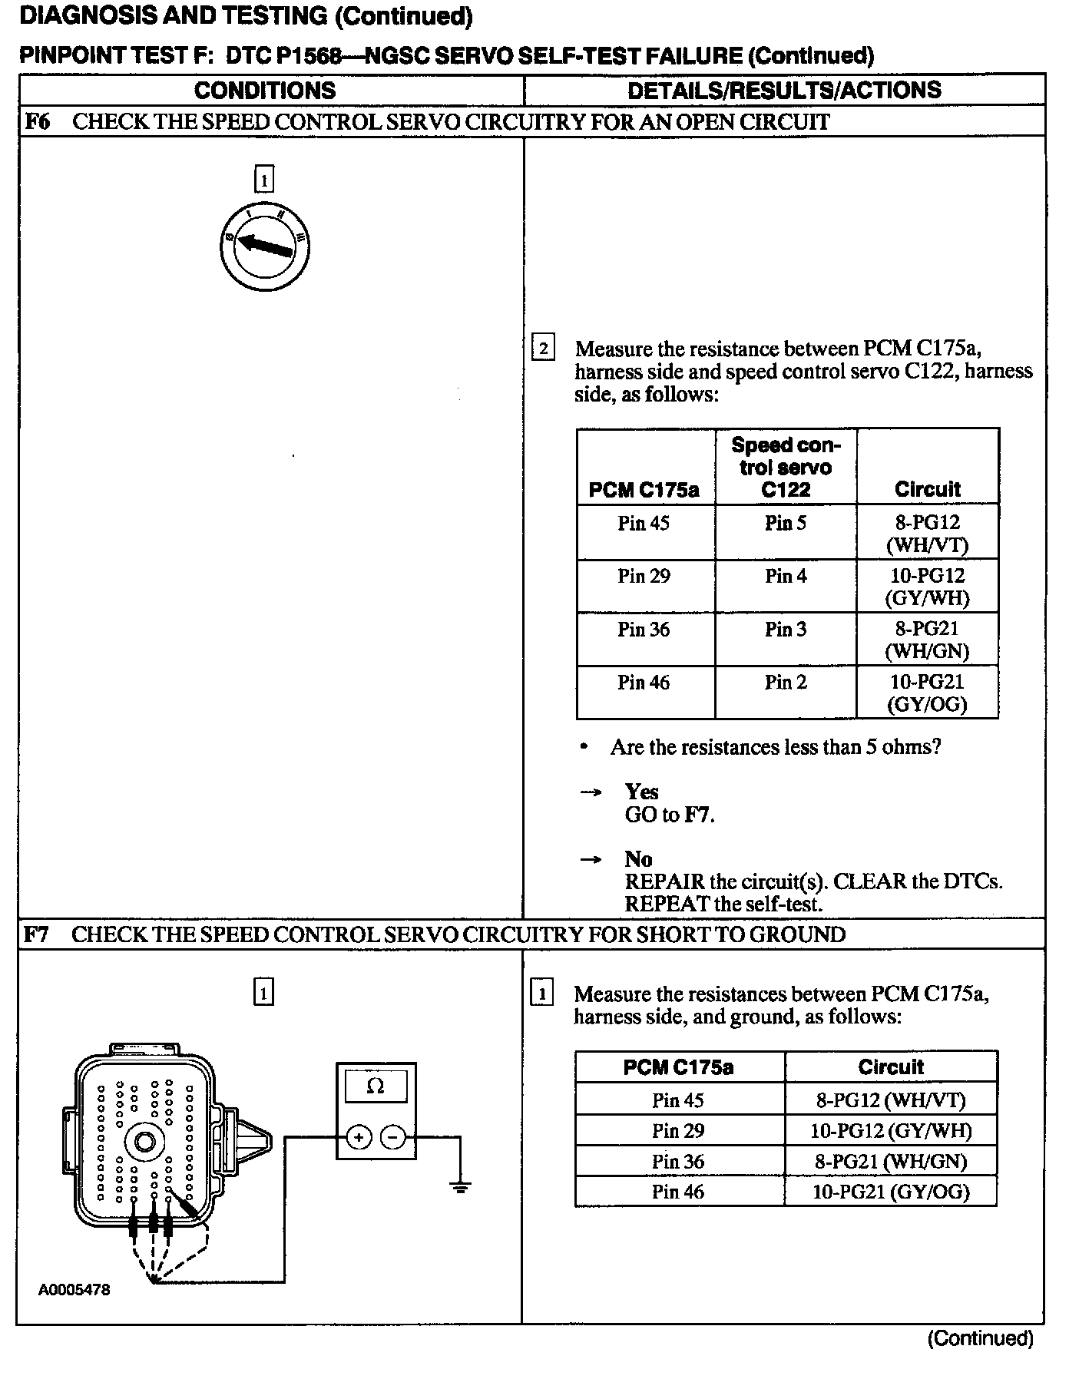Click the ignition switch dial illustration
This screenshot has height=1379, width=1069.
pyautogui.click(x=264, y=246)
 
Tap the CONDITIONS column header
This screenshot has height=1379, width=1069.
pyautogui.click(x=265, y=90)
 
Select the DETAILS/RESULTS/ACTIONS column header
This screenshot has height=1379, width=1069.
pyautogui.click(x=784, y=90)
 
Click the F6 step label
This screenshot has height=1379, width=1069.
pyautogui.click(x=37, y=122)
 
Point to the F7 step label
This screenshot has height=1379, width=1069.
pyautogui.click(x=37, y=934)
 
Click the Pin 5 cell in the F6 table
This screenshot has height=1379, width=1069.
pyautogui.click(x=786, y=524)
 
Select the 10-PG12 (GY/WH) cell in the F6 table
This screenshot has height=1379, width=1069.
pyautogui.click(x=927, y=587)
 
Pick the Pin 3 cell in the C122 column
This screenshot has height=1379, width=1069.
pyautogui.click(x=786, y=630)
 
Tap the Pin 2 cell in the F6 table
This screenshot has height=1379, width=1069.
pyautogui.click(x=786, y=683)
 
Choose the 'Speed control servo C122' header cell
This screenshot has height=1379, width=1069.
pyautogui.click(x=786, y=467)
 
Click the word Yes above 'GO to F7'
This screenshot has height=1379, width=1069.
pyautogui.click(x=641, y=792)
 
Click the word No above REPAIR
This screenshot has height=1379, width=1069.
pyautogui.click(x=638, y=859)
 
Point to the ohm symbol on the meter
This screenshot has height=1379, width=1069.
pyautogui.click(x=376, y=1086)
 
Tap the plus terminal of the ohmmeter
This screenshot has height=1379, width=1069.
pyautogui.click(x=359, y=1136)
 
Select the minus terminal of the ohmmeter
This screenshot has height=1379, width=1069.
pyautogui.click(x=393, y=1136)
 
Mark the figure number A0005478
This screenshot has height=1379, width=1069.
pyautogui.click(x=74, y=1290)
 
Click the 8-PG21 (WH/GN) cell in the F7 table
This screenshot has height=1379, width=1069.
pyautogui.click(x=891, y=1161)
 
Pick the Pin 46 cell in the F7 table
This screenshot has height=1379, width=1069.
pyautogui.click(x=678, y=1192)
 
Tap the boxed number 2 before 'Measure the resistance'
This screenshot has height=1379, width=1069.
pyautogui.click(x=543, y=349)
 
